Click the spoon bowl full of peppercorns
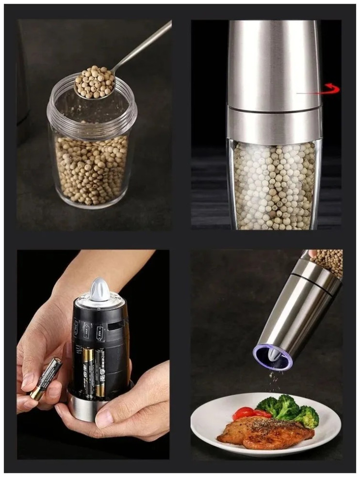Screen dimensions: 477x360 [x=95, y=82]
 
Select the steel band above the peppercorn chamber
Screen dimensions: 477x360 [x=274, y=125]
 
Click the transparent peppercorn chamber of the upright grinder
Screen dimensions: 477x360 [x=274, y=184]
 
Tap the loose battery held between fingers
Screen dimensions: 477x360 [x=46, y=378]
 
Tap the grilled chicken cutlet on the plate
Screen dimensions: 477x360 [x=264, y=431]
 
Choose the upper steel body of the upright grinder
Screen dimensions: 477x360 [x=274, y=63]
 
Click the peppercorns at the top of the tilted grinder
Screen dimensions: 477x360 [x=329, y=262]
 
